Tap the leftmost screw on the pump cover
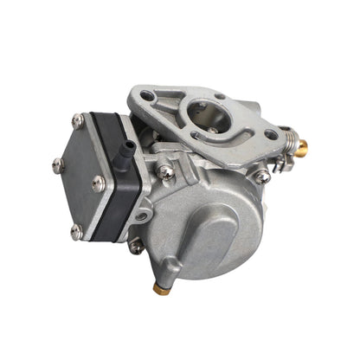(58, 162)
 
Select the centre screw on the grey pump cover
(99, 182)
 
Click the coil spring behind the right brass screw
(289, 138)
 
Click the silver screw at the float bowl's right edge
(260, 177)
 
